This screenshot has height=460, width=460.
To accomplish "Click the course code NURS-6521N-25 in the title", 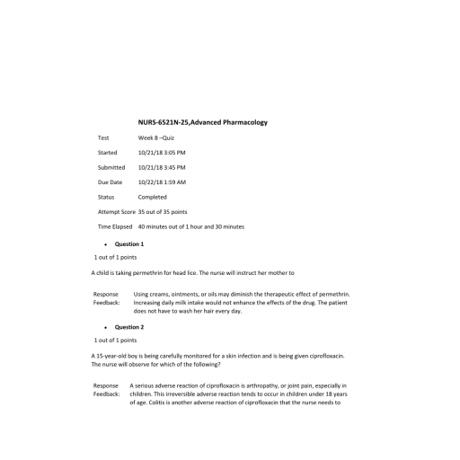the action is (x=163, y=122).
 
